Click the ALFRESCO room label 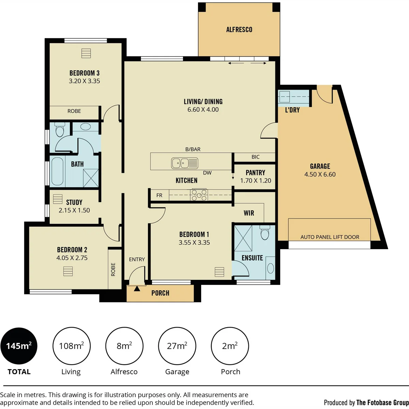239,30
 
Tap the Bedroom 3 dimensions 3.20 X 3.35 84,81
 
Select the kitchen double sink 185,163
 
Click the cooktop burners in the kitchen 199,195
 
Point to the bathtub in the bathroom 57,171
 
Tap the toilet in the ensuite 265,232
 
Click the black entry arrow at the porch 137,288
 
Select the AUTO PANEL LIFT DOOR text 330,237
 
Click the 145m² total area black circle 19,346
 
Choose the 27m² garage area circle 177,346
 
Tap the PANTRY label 255,173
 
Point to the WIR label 249,213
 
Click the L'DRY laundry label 292,110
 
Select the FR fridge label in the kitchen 159,195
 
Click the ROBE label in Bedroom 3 74,111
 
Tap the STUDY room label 74,202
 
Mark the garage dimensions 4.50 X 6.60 320,175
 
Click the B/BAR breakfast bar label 193,149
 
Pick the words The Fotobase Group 382,403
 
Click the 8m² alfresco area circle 124,346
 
